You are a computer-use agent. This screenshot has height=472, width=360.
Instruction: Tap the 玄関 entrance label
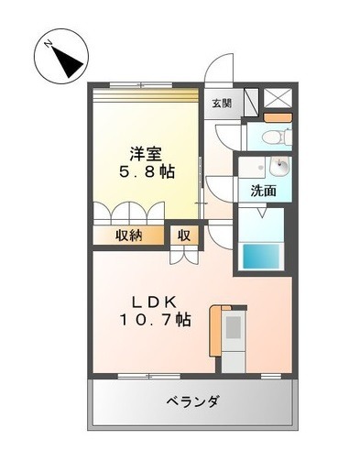(222, 103)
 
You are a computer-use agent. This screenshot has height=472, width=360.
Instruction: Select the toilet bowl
(273, 137)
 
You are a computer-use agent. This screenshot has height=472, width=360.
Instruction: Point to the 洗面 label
(264, 192)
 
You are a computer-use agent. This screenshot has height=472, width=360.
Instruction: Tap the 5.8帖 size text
(147, 171)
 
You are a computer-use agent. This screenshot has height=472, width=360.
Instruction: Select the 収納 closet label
(128, 236)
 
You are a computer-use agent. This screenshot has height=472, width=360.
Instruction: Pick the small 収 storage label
(184, 236)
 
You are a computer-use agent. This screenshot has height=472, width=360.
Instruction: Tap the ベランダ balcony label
(192, 401)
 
